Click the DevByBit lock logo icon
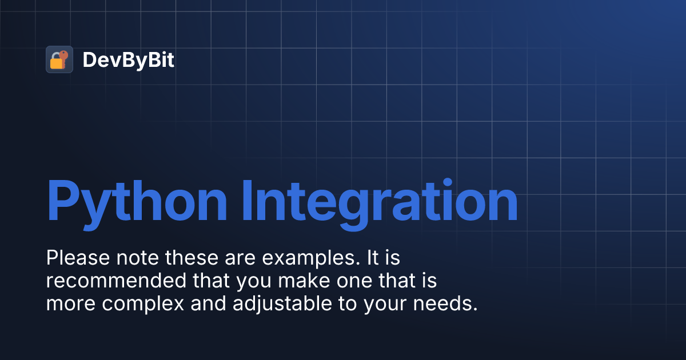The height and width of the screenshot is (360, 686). tap(59, 59)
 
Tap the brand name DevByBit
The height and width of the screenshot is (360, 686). tap(129, 60)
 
